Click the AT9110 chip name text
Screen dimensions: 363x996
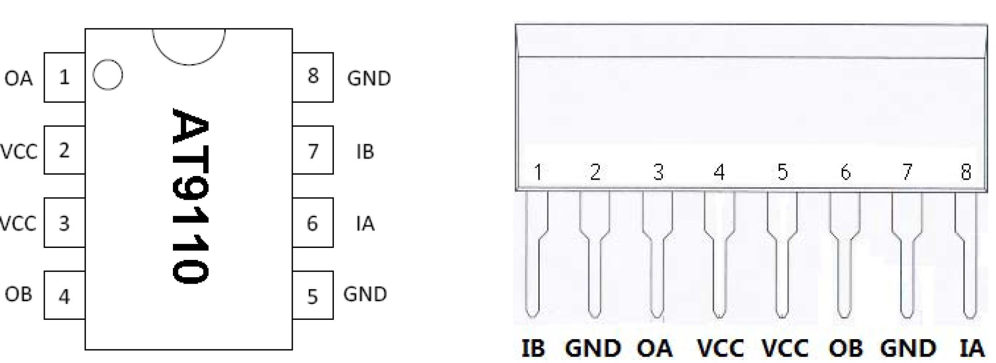pyautogui.click(x=190, y=196)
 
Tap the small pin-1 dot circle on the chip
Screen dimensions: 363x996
pyautogui.click(x=108, y=75)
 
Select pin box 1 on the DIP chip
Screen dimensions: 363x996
pyautogui.click(x=65, y=77)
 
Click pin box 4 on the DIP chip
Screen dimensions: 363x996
pyautogui.click(x=65, y=296)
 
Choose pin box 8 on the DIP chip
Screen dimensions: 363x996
pyautogui.click(x=313, y=77)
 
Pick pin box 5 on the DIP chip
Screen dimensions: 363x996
pyautogui.click(x=313, y=296)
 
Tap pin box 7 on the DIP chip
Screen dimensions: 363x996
pyautogui.click(x=313, y=150)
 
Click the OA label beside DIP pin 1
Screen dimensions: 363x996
pyautogui.click(x=19, y=78)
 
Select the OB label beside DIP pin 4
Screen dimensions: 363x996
pyautogui.click(x=19, y=294)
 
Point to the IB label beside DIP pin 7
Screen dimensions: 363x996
pyautogui.click(x=365, y=152)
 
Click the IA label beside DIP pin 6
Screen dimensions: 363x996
pyautogui.click(x=365, y=224)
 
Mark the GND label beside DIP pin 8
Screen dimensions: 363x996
pyautogui.click(x=369, y=78)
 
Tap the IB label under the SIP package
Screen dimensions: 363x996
pyautogui.click(x=533, y=348)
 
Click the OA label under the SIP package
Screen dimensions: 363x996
pyautogui.click(x=655, y=348)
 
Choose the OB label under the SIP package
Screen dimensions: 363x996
pyautogui.click(x=845, y=348)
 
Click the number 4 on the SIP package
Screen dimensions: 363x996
pyautogui.click(x=719, y=173)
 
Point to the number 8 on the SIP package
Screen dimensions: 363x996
pyautogui.click(x=966, y=173)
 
